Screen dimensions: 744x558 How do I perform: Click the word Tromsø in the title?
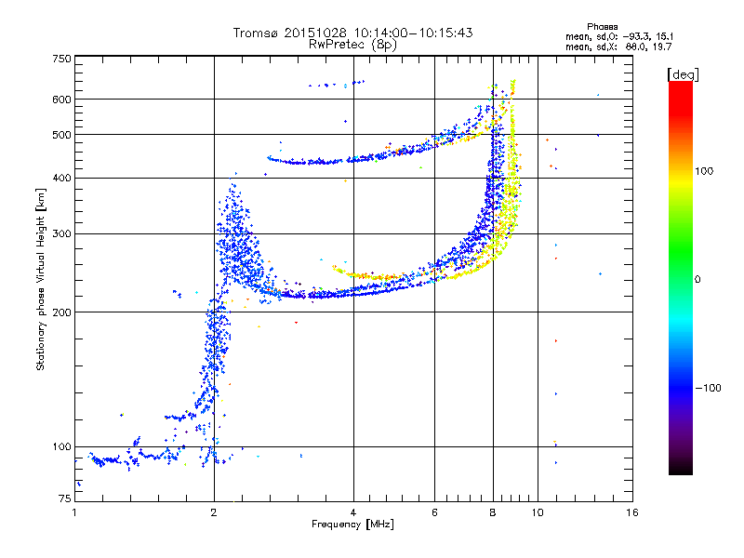256,33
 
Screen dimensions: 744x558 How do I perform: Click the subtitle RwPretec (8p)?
352,45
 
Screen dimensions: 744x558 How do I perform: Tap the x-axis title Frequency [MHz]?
352,525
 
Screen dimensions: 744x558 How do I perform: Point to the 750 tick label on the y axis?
62,59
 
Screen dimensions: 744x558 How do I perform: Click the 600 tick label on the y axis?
62,100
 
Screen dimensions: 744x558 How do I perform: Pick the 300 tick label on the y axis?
62,234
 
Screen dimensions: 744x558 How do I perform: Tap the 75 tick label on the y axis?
65,498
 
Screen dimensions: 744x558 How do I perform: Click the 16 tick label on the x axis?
632,512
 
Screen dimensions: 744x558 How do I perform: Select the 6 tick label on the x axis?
434,512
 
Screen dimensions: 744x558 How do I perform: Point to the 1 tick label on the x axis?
75,512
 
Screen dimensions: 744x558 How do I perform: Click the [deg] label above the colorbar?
683,74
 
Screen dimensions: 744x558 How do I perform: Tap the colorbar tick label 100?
704,171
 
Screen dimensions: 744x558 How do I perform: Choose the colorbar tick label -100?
708,388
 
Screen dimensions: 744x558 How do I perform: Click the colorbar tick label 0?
697,279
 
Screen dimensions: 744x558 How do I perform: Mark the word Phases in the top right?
603,27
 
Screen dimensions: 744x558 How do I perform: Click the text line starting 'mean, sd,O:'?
619,36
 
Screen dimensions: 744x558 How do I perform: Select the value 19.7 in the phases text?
662,46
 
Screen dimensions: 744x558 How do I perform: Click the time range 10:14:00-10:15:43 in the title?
413,33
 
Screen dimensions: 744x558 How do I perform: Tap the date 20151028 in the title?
315,33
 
